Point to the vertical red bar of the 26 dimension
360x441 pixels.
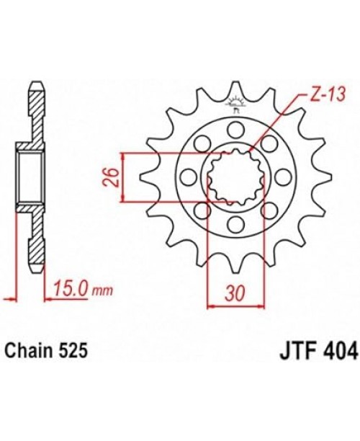point(125,177)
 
